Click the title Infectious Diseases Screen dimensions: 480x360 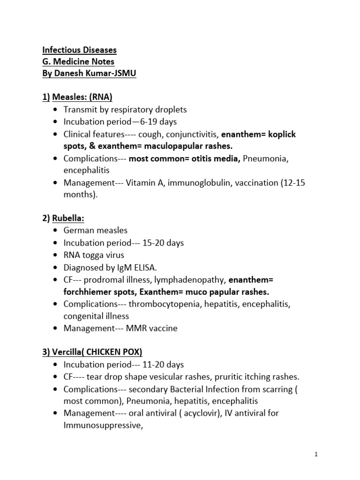80,50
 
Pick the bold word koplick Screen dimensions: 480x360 280,134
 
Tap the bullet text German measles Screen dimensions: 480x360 96,231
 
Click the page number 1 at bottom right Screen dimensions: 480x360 316,454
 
